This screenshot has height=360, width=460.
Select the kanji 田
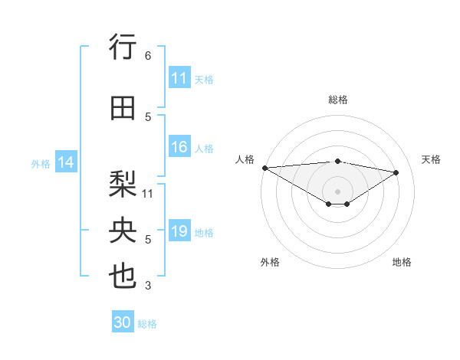click(123, 109)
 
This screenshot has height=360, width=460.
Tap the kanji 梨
click(123, 183)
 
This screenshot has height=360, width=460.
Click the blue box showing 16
click(179, 148)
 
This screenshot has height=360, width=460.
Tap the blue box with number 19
click(179, 232)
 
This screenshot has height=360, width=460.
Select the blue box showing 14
click(66, 162)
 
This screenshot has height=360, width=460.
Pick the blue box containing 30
click(123, 323)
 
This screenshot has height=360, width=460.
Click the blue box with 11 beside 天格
click(179, 78)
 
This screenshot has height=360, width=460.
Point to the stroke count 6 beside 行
click(148, 56)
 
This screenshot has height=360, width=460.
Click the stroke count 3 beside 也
click(148, 286)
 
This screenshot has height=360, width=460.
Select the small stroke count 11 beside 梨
click(148, 193)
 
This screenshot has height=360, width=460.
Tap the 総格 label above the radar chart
click(337, 100)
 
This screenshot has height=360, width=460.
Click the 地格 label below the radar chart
click(402, 263)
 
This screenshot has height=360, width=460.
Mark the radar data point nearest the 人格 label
click(264, 168)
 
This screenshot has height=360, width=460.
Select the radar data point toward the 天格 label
click(396, 172)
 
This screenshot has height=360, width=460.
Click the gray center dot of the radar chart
click(337, 190)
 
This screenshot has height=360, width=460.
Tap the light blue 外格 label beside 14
click(41, 163)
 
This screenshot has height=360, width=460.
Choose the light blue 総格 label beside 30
click(147, 324)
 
